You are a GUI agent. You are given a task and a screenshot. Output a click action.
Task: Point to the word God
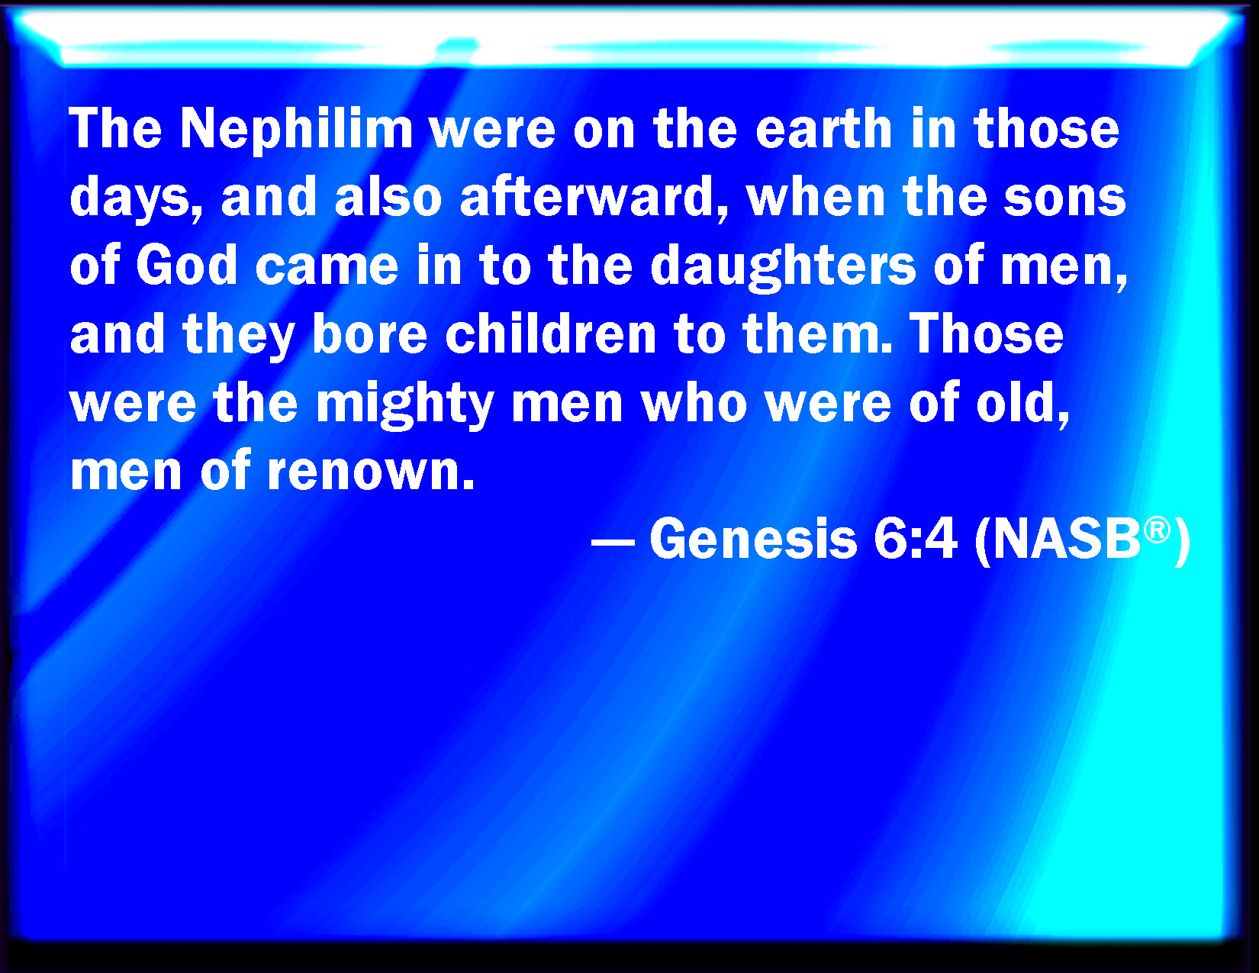187,266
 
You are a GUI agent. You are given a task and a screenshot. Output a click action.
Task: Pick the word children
550,334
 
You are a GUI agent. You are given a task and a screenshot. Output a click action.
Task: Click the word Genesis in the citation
753,538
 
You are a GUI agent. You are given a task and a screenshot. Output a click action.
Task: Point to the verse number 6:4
916,538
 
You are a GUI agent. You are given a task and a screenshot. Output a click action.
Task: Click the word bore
369,334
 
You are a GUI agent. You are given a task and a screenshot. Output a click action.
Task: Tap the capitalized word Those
987,334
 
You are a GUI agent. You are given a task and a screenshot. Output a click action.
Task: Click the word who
694,403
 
